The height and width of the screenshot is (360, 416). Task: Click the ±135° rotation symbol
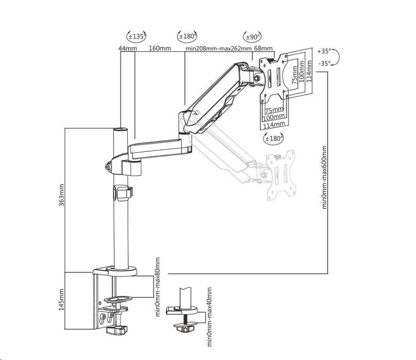[x=136, y=36]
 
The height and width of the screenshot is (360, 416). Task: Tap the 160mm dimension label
[x=160, y=48]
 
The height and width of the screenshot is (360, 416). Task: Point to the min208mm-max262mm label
[x=218, y=49]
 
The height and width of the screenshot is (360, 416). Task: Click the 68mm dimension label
[x=263, y=48]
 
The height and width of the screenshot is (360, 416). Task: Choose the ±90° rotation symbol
[x=252, y=37]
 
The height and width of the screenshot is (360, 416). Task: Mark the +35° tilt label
[x=324, y=51]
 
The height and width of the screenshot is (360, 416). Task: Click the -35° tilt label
[x=324, y=64]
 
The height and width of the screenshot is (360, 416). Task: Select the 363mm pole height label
[x=61, y=195]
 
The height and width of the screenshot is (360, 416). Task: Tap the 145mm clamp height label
[x=61, y=299]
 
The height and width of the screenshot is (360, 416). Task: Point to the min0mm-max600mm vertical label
[x=324, y=178]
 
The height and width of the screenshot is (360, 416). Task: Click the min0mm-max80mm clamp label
[x=158, y=287]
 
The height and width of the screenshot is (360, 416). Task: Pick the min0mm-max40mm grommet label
[x=209, y=316]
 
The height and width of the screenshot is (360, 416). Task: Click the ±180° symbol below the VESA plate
[x=273, y=138]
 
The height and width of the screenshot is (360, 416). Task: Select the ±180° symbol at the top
[x=187, y=36]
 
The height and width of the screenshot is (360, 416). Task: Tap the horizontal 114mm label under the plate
[x=274, y=124]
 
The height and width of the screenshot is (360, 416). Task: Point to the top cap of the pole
[x=120, y=130]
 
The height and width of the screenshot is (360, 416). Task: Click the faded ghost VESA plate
[x=281, y=175]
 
